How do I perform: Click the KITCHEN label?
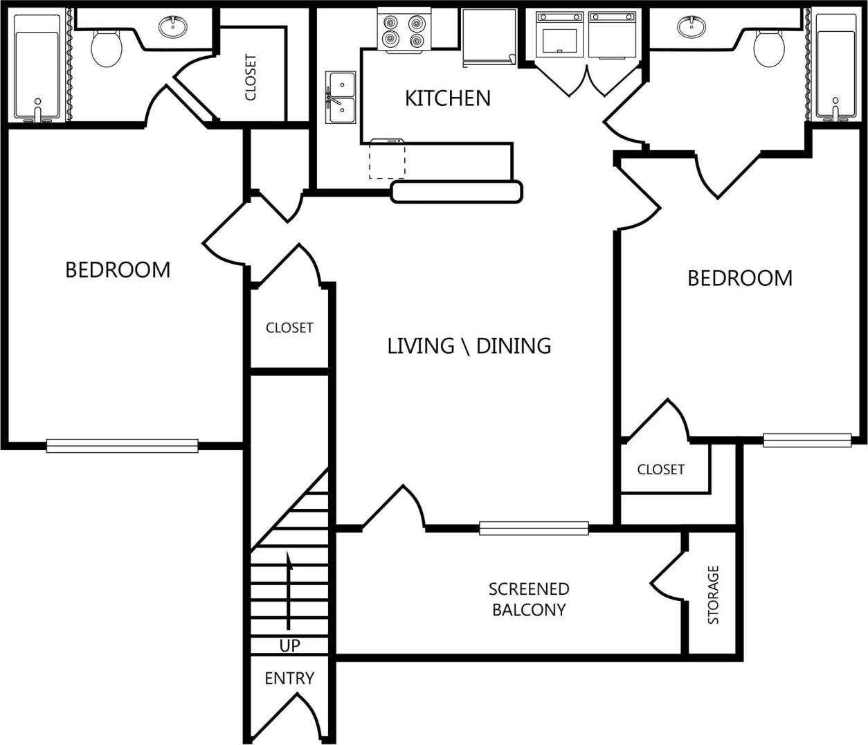pos(447,98)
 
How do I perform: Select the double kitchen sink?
pos(341,97)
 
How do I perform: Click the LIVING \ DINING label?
pos(469,345)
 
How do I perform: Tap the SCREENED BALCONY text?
pos(529,599)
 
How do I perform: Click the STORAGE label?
pos(713,595)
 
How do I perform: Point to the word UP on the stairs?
pos(289,645)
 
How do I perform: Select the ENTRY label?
pos(289,679)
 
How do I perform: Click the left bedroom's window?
pos(123,446)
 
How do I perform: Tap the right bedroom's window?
pos(807,440)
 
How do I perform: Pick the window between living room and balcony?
pos(534,528)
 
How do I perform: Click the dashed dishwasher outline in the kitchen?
pos(387,159)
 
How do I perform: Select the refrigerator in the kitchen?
pos(489,38)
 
